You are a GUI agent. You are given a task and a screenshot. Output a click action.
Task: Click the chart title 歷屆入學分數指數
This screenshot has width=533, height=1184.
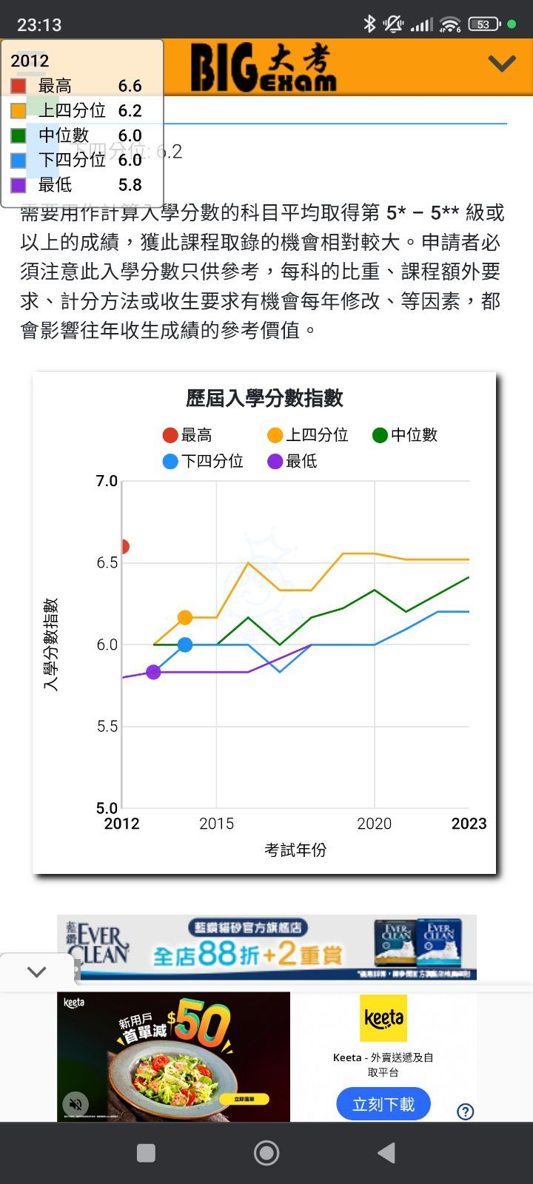click(x=264, y=398)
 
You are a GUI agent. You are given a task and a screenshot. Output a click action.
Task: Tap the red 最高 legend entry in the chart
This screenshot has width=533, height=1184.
click(x=188, y=435)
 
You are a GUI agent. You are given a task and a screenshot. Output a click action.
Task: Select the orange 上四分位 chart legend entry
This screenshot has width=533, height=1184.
click(x=308, y=435)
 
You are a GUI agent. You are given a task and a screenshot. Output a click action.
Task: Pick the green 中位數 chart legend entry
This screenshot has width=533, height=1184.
click(x=405, y=435)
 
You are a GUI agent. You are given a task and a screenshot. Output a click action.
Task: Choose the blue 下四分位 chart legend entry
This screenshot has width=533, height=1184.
click(x=203, y=461)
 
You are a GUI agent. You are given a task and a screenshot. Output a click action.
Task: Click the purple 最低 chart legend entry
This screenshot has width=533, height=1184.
click(x=292, y=461)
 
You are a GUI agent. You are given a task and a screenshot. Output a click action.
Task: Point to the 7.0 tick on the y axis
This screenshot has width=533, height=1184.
click(x=107, y=481)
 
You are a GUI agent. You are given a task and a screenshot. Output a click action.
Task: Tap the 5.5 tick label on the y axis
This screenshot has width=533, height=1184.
click(x=107, y=727)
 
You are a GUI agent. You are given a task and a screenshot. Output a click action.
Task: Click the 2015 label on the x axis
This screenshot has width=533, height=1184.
click(x=216, y=824)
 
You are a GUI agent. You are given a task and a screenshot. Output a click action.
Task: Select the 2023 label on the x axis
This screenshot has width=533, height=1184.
click(x=469, y=824)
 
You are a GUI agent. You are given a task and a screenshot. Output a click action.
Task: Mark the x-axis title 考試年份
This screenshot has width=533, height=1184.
click(x=295, y=850)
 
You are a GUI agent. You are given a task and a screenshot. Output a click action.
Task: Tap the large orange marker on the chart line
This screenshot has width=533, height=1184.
click(x=185, y=617)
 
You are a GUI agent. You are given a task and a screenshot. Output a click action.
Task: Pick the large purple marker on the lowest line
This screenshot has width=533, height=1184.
click(x=153, y=672)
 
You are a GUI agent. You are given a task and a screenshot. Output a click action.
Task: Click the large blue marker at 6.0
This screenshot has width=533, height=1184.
click(x=185, y=645)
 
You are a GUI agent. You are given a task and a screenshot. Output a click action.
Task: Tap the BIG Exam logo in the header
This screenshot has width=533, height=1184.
click(x=263, y=67)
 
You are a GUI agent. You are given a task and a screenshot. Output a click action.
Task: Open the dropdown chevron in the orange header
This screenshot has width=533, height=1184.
click(x=501, y=64)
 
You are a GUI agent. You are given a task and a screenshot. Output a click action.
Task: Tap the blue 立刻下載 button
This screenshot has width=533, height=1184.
click(x=383, y=1104)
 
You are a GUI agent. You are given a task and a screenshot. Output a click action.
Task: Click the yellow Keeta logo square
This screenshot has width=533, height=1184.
click(x=383, y=1018)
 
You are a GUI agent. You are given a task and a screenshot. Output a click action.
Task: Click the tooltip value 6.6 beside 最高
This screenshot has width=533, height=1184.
click(x=130, y=86)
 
